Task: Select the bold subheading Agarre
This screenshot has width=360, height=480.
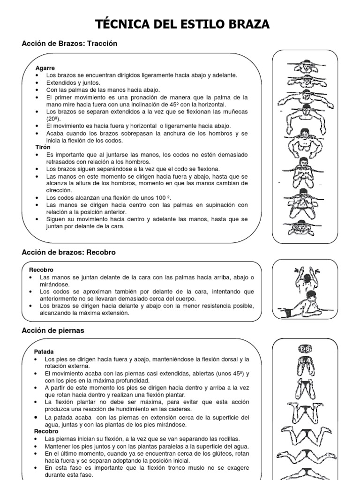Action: pos(45,68)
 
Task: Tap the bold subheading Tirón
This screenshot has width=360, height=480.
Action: pos(44,147)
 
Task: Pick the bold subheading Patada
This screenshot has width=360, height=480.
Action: pos(44,351)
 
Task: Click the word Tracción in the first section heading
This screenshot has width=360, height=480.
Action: pos(101,44)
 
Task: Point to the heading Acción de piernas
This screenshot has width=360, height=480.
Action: pos(53,330)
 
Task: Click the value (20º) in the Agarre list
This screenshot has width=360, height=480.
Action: pos(54,119)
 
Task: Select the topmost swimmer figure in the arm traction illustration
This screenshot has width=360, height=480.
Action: pos(305,65)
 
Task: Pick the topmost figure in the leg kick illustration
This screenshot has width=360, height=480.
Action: pos(305,349)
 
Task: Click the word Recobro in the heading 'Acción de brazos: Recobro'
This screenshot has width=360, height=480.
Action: pos(101,252)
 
